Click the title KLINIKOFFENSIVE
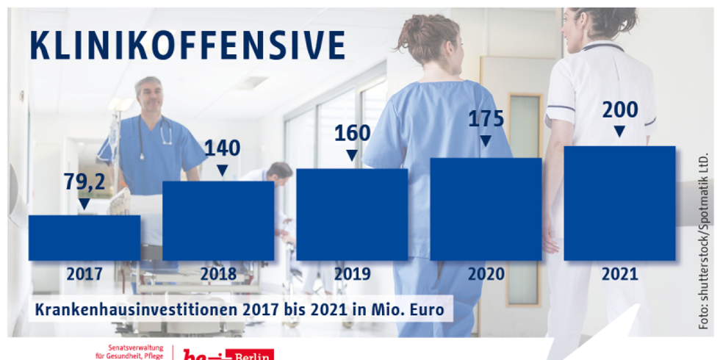pyautogui.click(x=187, y=46)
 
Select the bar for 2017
pyautogui.click(x=84, y=237)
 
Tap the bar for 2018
pyautogui.click(x=218, y=220)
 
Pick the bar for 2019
pyautogui.click(x=352, y=214)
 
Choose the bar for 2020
pyautogui.click(x=486, y=209)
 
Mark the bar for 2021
pyautogui.click(x=619, y=203)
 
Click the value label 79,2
pyautogui.click(x=85, y=181)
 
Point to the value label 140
pyautogui.click(x=222, y=148)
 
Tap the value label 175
pyautogui.click(x=486, y=118)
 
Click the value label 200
pyautogui.click(x=619, y=109)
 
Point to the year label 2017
pyautogui.click(x=84, y=275)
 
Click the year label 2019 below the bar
pyautogui.click(x=352, y=275)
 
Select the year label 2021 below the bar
pyautogui.click(x=619, y=275)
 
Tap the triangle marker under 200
pyautogui.click(x=619, y=132)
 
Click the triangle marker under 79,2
pyautogui.click(x=84, y=204)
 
